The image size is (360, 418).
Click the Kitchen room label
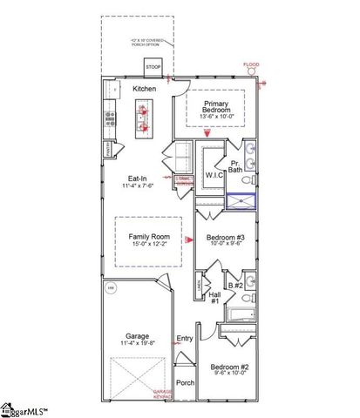[144, 89]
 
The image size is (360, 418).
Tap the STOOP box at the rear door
[153, 68]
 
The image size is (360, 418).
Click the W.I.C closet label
[215, 175]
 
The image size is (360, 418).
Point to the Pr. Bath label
[235, 167]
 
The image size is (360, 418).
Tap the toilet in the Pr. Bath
[247, 181]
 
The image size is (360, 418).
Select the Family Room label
[149, 236]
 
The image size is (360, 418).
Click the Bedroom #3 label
[225, 237]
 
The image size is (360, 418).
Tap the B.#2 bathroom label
[234, 285]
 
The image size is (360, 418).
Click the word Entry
[185, 339]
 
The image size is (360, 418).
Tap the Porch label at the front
[185, 382]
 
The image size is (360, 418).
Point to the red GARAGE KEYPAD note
[164, 394]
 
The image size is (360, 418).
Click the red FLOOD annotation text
[251, 64]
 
